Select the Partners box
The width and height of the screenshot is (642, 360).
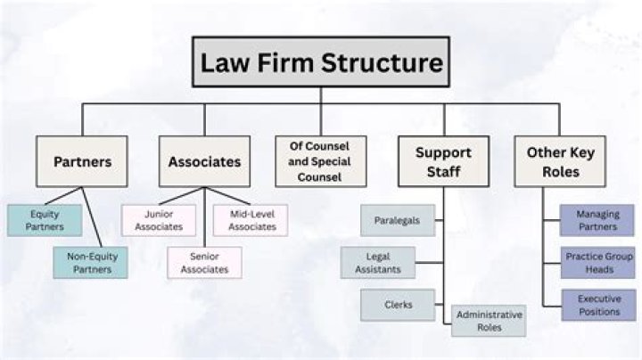(x=82, y=161)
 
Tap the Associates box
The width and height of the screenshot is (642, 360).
(x=204, y=161)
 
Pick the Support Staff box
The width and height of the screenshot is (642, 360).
(x=443, y=161)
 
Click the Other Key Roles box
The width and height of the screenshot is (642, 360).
(x=560, y=161)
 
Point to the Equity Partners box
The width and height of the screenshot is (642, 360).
(x=45, y=220)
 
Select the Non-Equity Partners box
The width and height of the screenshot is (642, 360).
(x=90, y=263)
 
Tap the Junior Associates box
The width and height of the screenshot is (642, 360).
(x=159, y=220)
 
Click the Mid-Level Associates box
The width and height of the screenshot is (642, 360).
(x=251, y=220)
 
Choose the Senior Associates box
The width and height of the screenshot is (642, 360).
(x=204, y=263)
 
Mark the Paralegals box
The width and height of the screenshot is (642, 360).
(x=398, y=220)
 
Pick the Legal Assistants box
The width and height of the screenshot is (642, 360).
(x=378, y=263)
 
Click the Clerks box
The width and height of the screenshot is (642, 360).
(x=398, y=305)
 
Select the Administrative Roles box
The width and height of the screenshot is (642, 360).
(x=489, y=321)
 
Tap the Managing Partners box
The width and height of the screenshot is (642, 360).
(x=597, y=220)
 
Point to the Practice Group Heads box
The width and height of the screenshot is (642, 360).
(x=597, y=263)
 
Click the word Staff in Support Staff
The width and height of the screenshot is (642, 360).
(x=443, y=171)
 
